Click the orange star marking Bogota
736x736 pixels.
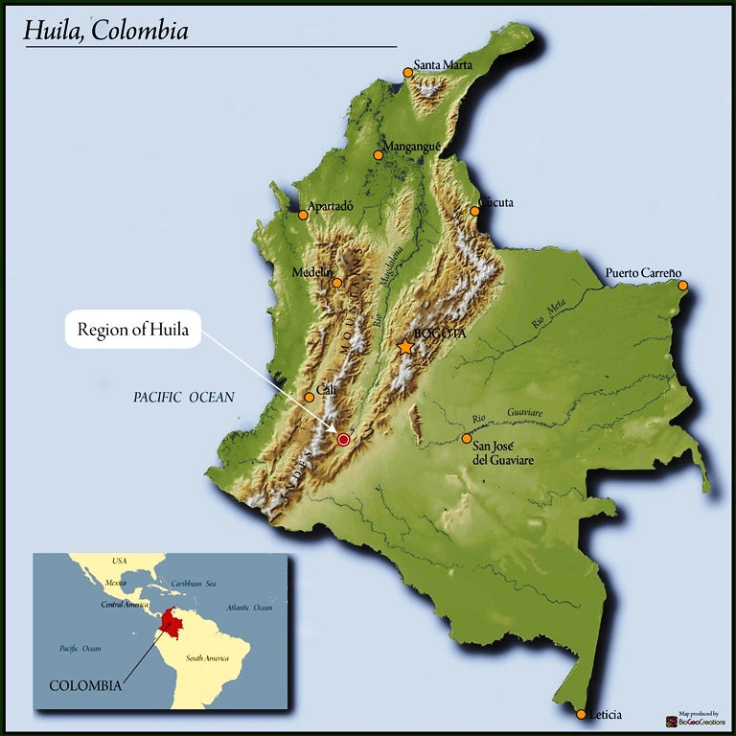tap(406, 346)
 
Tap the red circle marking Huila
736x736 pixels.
tap(344, 439)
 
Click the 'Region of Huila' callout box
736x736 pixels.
tap(133, 330)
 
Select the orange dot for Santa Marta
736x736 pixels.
tap(408, 72)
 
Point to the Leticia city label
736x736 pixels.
tap(605, 715)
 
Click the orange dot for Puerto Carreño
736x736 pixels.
tap(683, 286)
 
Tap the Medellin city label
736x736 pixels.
tap(311, 272)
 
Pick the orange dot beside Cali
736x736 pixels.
tap(309, 397)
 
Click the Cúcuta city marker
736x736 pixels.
tap(475, 211)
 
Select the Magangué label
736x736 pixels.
tap(411, 147)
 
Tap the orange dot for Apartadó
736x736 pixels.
tap(304, 215)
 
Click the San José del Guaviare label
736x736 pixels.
tap(503, 453)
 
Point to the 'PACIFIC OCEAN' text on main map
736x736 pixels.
tap(184, 397)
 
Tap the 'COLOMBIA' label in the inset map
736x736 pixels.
tap(85, 685)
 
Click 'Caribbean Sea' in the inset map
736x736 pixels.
tap(194, 584)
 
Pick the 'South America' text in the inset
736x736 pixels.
tap(207, 658)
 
